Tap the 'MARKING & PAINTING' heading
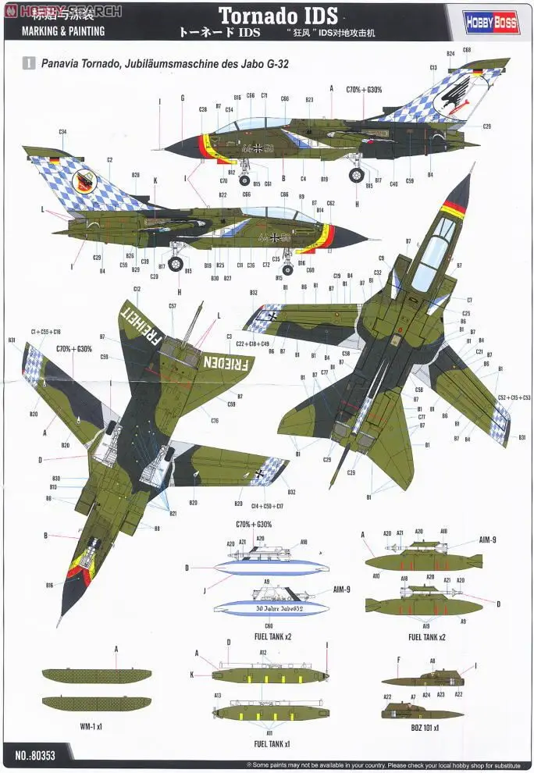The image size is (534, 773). pos(58,32)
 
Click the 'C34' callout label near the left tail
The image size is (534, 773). pos(62,132)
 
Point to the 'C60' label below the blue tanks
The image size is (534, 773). pos(268,625)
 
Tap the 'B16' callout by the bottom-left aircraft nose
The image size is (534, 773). pos(49,583)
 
